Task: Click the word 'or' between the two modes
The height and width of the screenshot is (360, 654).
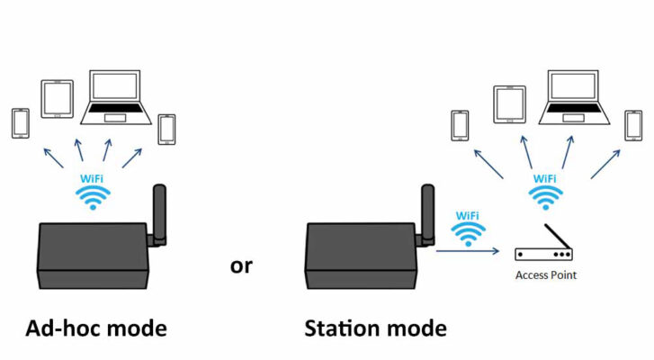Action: [241, 266]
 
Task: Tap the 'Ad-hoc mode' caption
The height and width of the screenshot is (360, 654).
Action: [96, 328]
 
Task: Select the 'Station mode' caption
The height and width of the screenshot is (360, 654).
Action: [375, 328]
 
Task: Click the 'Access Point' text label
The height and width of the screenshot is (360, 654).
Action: [545, 275]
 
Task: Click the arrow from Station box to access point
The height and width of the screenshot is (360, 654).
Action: [468, 253]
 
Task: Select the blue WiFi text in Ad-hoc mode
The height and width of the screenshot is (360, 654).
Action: [92, 180]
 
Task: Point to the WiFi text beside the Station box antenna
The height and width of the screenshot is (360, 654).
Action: [467, 216]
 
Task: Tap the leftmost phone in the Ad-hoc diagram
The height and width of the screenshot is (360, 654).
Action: [21, 123]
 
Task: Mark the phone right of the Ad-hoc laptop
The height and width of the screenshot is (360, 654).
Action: [166, 129]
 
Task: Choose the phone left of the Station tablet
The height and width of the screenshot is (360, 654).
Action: [461, 124]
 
